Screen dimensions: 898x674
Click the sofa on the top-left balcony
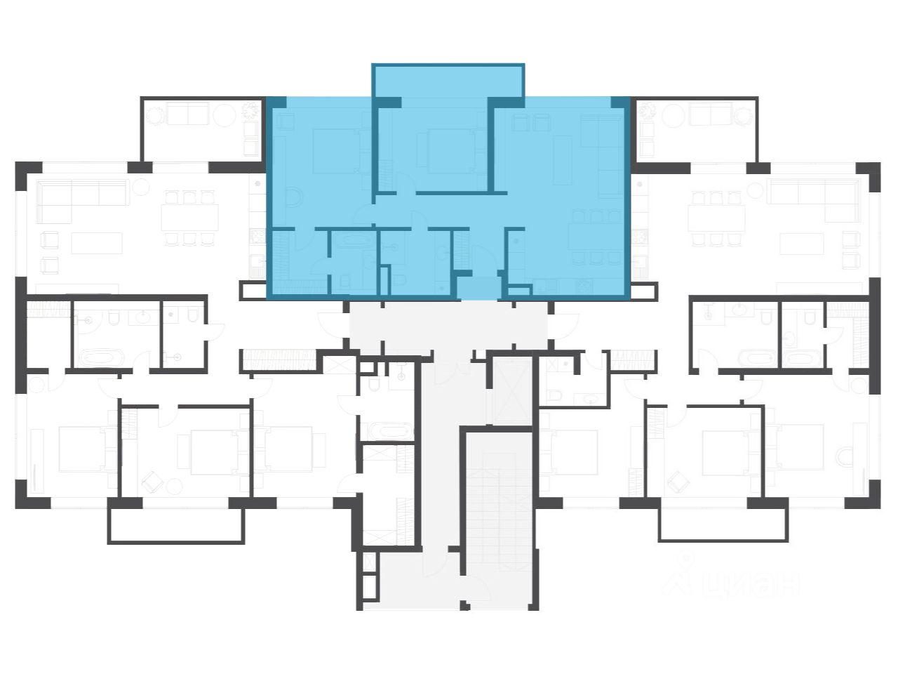[188, 114]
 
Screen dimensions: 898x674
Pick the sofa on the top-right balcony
[710, 114]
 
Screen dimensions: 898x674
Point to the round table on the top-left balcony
[224, 114]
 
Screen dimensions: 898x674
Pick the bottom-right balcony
[723, 524]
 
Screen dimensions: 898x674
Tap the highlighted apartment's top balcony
[448, 81]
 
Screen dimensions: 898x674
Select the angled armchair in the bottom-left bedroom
[152, 482]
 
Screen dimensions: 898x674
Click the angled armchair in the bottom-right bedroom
[678, 482]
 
